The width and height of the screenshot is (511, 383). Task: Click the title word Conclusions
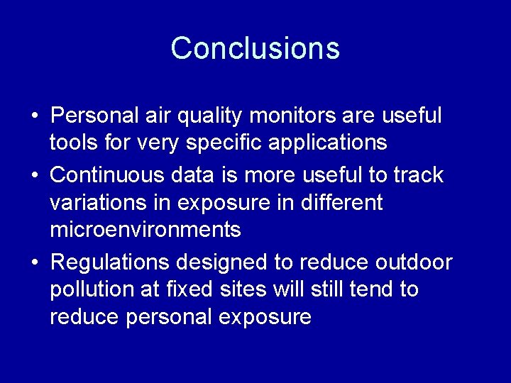[x=255, y=48]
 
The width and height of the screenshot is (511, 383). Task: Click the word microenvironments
[x=145, y=231]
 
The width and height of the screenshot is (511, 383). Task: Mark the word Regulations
[x=111, y=262]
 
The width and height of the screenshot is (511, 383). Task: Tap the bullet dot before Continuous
[x=34, y=174]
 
